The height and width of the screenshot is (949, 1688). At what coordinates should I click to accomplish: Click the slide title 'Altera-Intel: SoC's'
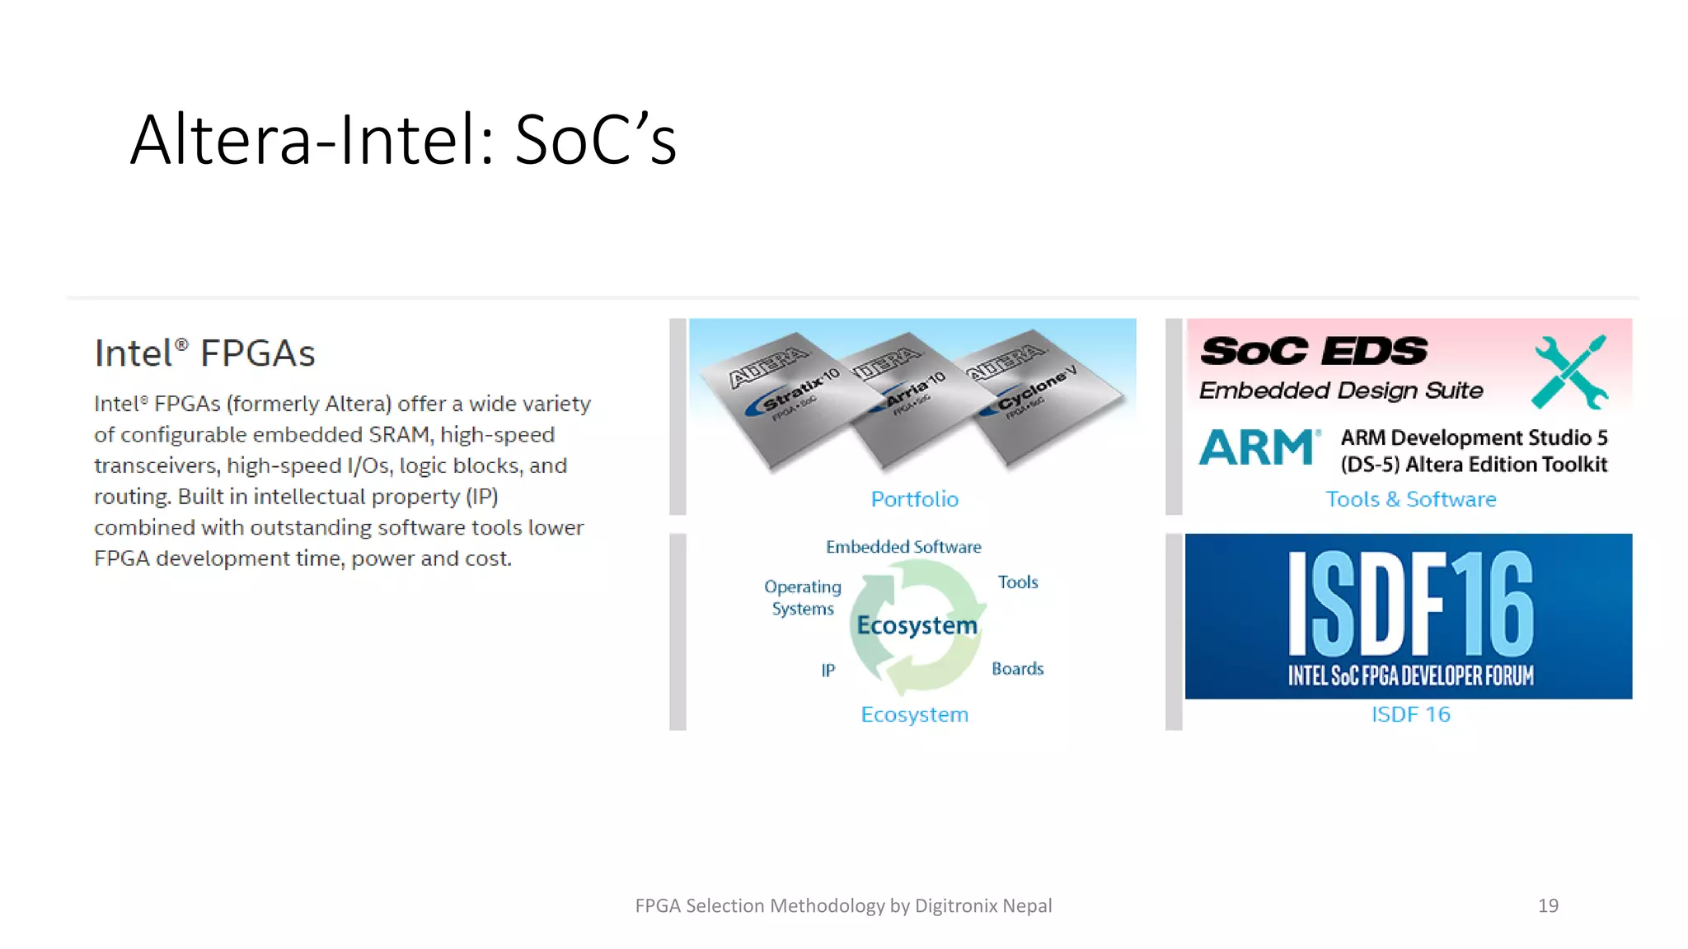pyautogui.click(x=403, y=140)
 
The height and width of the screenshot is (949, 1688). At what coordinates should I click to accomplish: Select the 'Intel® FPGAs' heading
pyautogui.click(x=204, y=353)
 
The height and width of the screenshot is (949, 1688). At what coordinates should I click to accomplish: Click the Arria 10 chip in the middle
pyautogui.click(x=911, y=404)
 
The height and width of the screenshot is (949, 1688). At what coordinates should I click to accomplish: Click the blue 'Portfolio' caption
pyautogui.click(x=914, y=499)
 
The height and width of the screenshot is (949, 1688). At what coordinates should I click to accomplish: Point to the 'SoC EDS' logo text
pyautogui.click(x=1314, y=352)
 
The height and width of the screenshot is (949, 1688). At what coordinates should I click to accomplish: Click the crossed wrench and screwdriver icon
pyautogui.click(x=1570, y=372)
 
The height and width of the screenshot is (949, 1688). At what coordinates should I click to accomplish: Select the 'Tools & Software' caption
pyautogui.click(x=1410, y=499)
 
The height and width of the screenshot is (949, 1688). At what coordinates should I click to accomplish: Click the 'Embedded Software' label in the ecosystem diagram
pyautogui.click(x=903, y=547)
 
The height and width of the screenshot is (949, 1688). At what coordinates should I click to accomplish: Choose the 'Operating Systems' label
pyautogui.click(x=803, y=597)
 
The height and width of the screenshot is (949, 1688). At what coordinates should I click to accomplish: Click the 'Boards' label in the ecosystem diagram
pyautogui.click(x=1017, y=669)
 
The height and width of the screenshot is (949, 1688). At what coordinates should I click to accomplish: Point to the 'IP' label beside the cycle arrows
pyautogui.click(x=828, y=671)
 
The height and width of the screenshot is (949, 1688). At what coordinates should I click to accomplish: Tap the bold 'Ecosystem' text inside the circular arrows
pyautogui.click(x=917, y=625)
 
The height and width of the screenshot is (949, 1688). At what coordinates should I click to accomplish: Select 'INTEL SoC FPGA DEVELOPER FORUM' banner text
pyautogui.click(x=1410, y=676)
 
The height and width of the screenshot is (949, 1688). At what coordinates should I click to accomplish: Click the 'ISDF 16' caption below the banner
pyautogui.click(x=1410, y=714)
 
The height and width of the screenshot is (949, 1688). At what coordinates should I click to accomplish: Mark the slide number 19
pyautogui.click(x=1548, y=905)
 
